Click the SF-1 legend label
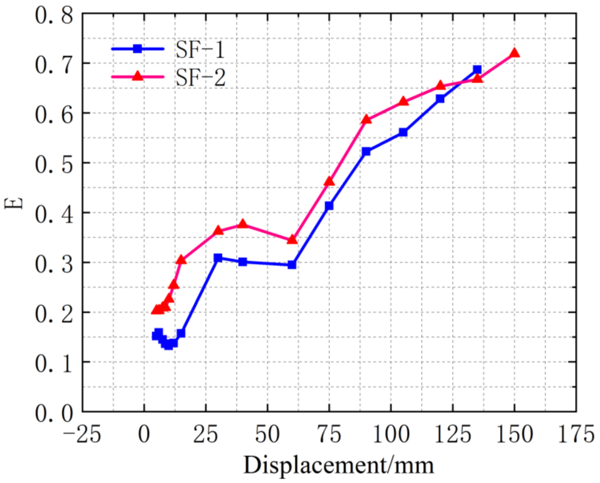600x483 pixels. (200, 50)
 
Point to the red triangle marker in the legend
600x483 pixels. (137, 76)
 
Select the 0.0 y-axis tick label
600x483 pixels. (54, 413)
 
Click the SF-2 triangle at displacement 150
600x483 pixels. (514, 53)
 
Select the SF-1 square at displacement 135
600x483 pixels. (477, 69)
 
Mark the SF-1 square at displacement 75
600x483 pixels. (329, 206)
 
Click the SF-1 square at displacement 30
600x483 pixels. (218, 257)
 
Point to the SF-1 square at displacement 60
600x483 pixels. (292, 264)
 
